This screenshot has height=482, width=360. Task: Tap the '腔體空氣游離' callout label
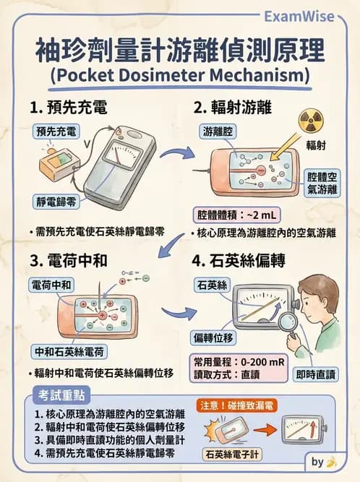pos(322,182)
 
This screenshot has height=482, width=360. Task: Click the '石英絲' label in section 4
pos(211,285)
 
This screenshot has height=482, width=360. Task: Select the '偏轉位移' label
pos(212,337)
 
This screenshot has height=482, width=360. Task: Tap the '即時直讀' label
pos(316,374)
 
